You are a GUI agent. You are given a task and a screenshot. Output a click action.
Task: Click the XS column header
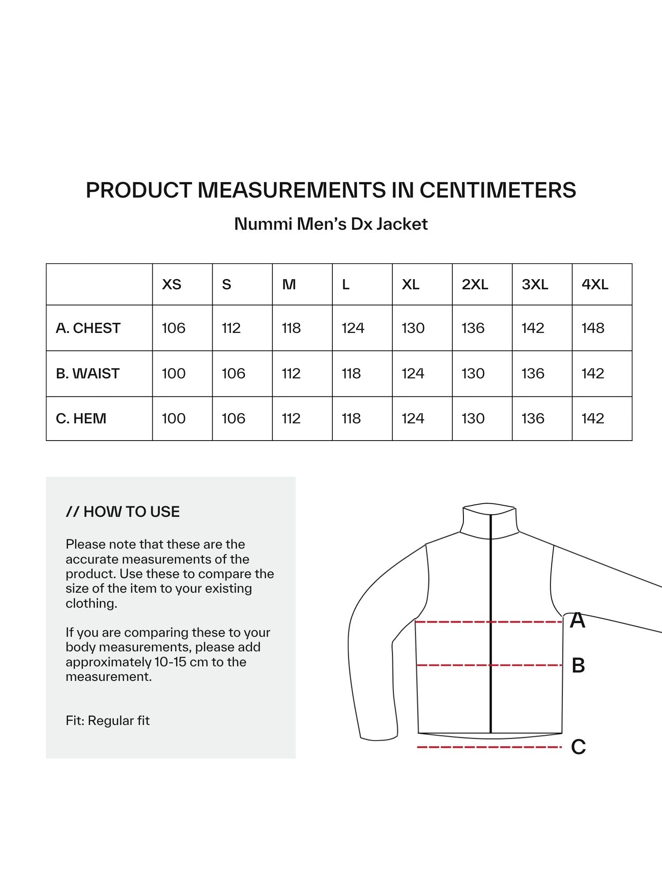pos(172,284)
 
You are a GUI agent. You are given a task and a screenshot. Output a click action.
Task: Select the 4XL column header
pos(594,284)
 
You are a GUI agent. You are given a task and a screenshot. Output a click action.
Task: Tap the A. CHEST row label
pos(88,328)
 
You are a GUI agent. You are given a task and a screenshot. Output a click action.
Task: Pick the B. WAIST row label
pos(88,374)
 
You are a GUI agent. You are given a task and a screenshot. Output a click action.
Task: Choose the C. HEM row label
pos(81,419)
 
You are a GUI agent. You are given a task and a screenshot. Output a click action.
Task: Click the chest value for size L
pos(353,328)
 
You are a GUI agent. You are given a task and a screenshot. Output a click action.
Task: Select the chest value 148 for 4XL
pos(593,328)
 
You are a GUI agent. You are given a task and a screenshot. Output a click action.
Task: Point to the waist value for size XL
pos(413,374)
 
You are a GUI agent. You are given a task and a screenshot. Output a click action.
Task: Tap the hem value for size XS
pos(173,419)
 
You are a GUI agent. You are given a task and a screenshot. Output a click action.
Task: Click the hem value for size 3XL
pos(533,419)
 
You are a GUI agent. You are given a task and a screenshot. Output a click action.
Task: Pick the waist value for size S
pos(233,374)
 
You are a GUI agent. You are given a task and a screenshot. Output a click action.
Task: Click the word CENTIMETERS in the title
pos(497,191)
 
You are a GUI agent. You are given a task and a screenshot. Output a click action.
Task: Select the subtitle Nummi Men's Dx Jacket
pos(331,224)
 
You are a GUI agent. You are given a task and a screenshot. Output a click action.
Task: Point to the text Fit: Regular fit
pos(108,721)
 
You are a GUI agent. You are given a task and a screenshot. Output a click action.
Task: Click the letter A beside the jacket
pos(577,620)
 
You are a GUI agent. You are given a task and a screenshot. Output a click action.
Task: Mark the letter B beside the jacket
pos(578,665)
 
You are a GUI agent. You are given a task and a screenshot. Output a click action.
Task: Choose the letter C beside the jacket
pos(578,747)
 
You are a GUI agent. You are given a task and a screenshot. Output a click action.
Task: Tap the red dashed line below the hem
pos(489,747)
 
